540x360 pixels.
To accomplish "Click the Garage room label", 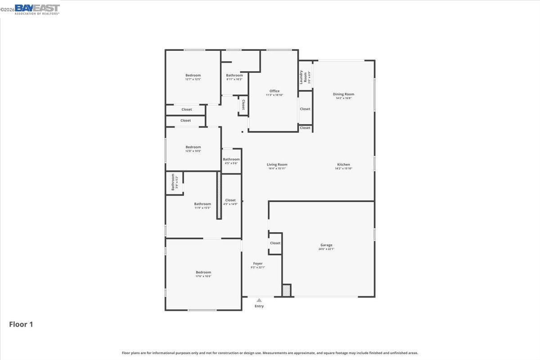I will click(326, 245).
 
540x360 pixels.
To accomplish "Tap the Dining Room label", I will click(343, 94).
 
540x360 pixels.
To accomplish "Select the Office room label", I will click(274, 91).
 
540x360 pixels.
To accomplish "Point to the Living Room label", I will click(277, 165).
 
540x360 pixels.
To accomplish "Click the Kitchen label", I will click(343, 165).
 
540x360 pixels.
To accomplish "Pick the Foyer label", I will click(258, 264).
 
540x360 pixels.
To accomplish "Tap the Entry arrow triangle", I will click(259, 300).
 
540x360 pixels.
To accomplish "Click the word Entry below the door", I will click(259, 306).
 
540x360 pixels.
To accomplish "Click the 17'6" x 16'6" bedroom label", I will click(203, 274).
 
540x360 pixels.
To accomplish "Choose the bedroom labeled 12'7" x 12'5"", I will click(193, 77).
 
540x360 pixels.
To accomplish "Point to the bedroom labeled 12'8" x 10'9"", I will click(193, 149).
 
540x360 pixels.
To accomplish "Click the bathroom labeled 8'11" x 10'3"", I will click(234, 77).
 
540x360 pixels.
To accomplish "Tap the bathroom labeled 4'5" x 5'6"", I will click(231, 161).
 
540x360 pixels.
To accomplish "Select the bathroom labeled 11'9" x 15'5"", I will click(202, 206).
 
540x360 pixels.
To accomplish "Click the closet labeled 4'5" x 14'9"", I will click(230, 202).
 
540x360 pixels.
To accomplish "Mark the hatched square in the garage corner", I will click(287, 290).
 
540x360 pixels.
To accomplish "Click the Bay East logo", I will click(37, 9).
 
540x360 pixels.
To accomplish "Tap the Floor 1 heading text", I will click(21, 324).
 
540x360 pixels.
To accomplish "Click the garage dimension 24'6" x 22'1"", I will click(326, 249).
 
